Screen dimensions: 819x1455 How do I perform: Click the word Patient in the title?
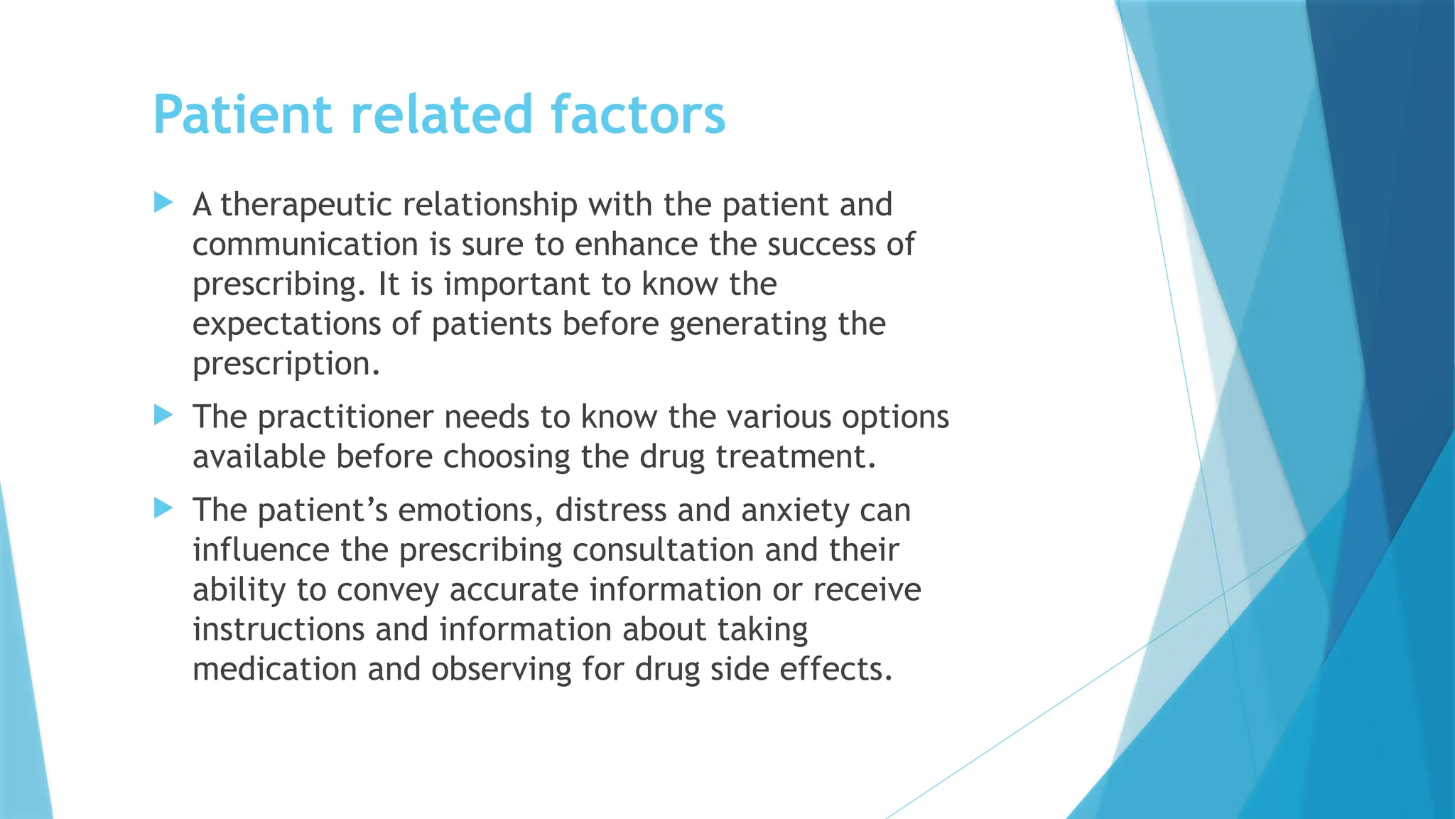click(x=242, y=114)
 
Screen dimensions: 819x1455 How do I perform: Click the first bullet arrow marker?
click(x=163, y=203)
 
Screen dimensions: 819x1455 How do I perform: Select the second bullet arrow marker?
click(x=163, y=415)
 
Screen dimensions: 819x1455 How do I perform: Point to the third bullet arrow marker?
click(x=163, y=508)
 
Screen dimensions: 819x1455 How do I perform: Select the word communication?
click(x=305, y=245)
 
